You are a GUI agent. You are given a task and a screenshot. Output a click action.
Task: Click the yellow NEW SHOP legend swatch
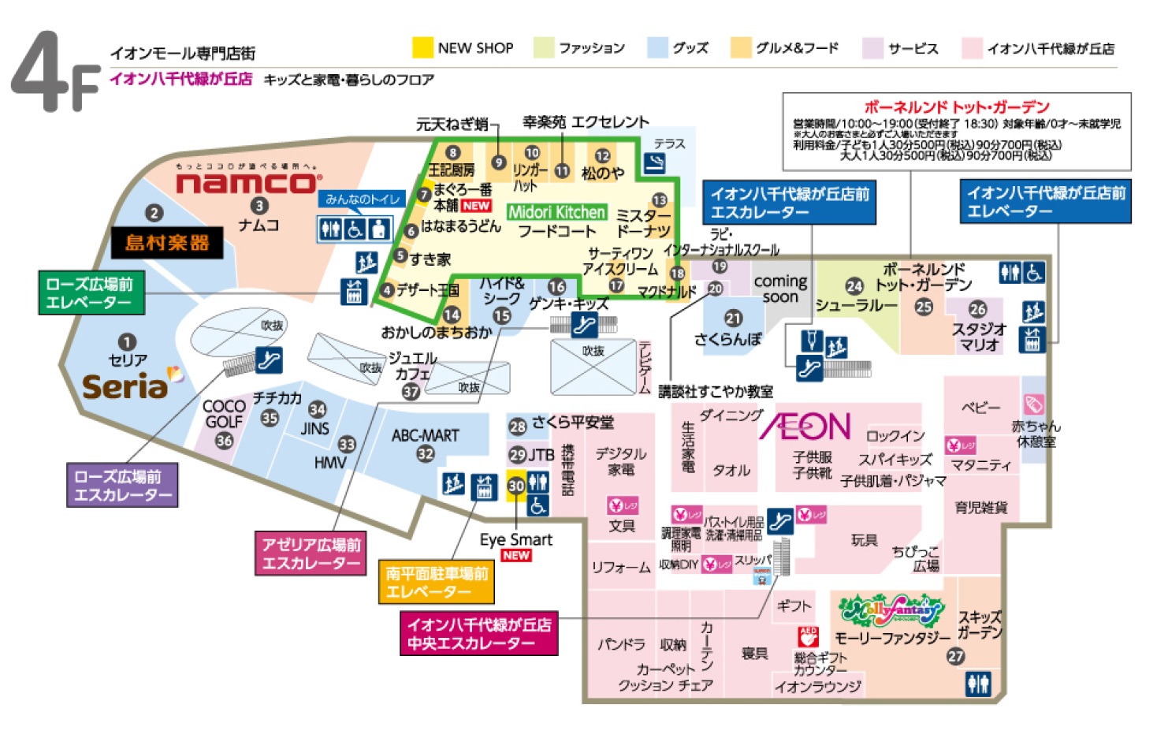click(422, 48)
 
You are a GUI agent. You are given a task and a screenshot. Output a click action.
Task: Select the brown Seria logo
click(126, 386)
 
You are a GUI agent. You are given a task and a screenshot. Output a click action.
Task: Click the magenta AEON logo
click(805, 427)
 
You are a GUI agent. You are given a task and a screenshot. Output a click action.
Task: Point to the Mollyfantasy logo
click(891, 609)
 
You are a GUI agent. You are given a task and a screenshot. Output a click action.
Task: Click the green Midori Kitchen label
click(556, 212)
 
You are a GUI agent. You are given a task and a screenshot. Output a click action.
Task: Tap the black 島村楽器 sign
click(166, 243)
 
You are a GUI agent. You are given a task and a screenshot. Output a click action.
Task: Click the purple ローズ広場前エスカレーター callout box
click(122, 485)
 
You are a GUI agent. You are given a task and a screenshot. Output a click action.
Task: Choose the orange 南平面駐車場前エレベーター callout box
click(437, 583)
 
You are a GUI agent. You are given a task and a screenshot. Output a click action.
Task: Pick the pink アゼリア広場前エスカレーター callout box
click(311, 553)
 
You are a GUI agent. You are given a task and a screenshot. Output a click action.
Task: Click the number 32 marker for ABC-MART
click(426, 454)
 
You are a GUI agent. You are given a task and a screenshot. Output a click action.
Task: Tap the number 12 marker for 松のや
click(602, 156)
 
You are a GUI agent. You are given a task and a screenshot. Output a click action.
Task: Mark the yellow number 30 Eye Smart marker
click(515, 486)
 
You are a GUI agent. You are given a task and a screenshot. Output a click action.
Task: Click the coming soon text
click(780, 289)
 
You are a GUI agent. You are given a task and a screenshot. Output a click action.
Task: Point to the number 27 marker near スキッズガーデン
click(955, 656)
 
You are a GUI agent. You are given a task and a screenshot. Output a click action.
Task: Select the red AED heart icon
click(809, 636)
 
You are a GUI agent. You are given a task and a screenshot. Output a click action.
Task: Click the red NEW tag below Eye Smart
click(515, 556)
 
